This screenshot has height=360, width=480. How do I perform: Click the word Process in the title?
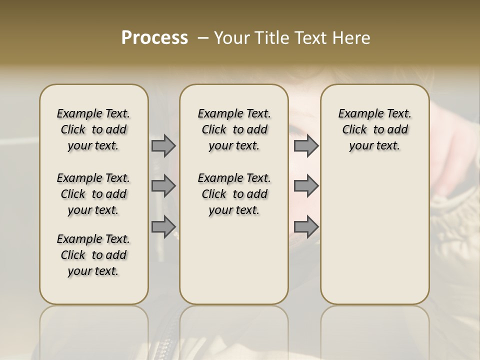click(154, 38)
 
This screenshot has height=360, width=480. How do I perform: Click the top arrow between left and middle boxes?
click(163, 146)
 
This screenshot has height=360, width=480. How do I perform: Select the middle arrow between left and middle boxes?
click(163, 186)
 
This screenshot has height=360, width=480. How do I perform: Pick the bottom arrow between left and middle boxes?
click(163, 226)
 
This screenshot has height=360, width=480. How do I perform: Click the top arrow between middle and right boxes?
click(306, 146)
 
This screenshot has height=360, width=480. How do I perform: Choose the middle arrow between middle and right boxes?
click(306, 186)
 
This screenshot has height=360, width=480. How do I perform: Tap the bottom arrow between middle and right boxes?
click(306, 226)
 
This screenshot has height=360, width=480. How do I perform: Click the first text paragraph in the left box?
click(93, 129)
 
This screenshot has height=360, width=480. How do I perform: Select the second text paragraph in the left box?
click(93, 194)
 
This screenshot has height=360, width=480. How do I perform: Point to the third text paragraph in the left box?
click(93, 255)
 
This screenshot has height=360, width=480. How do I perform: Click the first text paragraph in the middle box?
click(234, 129)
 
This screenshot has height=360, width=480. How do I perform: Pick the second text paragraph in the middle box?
click(234, 194)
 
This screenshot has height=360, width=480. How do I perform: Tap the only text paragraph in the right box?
click(375, 129)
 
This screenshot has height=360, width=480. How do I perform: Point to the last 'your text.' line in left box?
click(93, 271)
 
